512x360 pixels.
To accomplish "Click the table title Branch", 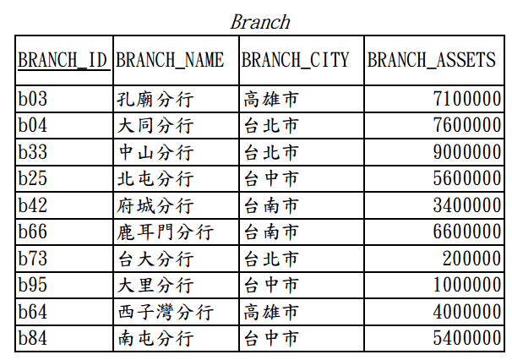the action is coord(260,22).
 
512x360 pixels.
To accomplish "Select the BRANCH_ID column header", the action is coord(63,60).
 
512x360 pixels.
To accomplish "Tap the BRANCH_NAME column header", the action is coord(170,60).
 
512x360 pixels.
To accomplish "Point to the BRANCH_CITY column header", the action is coord(295,60).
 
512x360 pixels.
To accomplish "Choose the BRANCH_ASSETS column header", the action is coord(432,60).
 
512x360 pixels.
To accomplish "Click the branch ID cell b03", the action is coord(33,99).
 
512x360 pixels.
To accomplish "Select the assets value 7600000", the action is coord(467,125).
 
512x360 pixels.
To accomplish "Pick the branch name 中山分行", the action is coord(155,152).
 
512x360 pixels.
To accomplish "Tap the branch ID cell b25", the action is coord(33,178).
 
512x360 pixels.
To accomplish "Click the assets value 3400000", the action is coord(467,205).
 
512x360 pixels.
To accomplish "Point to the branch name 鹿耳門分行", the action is coord(166,232).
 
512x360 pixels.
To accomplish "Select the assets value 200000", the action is coord(471,259).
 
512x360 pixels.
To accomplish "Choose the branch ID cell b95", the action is coord(33,285).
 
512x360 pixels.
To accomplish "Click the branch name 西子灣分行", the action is coord(166,312).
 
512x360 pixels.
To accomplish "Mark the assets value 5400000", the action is coord(467,338).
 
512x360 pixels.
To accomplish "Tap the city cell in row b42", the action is coord(271,205).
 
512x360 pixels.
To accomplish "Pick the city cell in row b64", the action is coord(271,312).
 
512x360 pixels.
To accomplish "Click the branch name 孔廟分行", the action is coord(155,99).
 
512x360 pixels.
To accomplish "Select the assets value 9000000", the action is coord(467,152).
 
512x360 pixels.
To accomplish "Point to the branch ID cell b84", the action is coord(33,338).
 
